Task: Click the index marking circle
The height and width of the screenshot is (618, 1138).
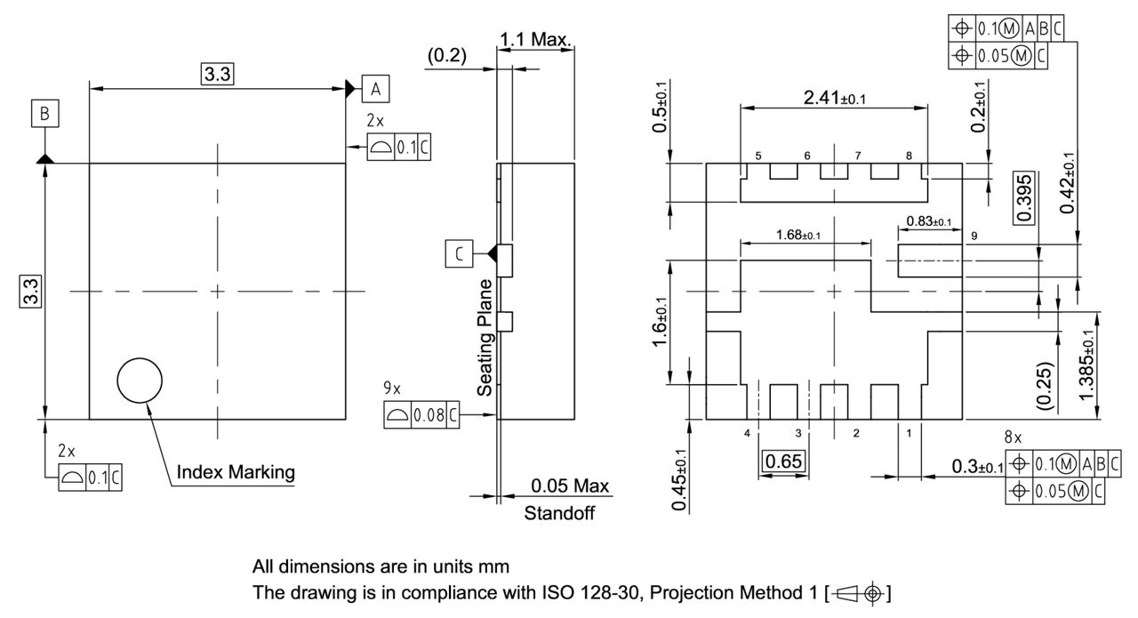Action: coord(140,381)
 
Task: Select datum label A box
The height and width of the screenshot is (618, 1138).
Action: coord(376,88)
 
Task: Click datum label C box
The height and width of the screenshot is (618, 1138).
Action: coord(459,254)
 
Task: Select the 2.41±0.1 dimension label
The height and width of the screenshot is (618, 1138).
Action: coord(833,98)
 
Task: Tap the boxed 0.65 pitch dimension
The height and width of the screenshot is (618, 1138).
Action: coord(783,461)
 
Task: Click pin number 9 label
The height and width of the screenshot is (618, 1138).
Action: coord(974,237)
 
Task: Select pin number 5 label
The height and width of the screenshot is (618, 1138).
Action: coord(758,156)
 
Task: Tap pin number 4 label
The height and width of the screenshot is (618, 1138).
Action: coord(748,433)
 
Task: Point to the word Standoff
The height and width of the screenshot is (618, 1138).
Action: coord(558,513)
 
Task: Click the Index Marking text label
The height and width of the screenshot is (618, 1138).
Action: coord(236,471)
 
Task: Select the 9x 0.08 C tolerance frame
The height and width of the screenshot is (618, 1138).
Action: coord(422,415)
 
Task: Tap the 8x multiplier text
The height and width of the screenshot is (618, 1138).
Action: coord(1013,437)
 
